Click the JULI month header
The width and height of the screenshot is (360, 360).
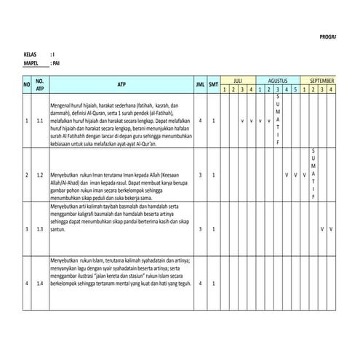click(238, 80)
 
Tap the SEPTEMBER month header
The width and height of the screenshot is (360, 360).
click(322, 80)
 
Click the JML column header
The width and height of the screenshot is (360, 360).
click(200, 84)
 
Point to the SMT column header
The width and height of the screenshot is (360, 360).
click(213, 84)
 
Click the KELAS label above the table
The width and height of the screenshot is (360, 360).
click(30, 55)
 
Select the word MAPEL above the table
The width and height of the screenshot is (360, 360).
click(31, 64)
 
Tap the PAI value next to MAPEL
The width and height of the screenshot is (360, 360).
click(56, 64)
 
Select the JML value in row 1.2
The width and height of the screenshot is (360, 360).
click(200, 175)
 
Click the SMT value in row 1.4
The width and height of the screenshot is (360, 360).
click(213, 283)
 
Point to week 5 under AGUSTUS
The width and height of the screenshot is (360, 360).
click(295, 89)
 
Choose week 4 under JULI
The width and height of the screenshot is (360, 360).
click(251, 89)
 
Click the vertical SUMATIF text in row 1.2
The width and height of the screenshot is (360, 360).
click(313, 175)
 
